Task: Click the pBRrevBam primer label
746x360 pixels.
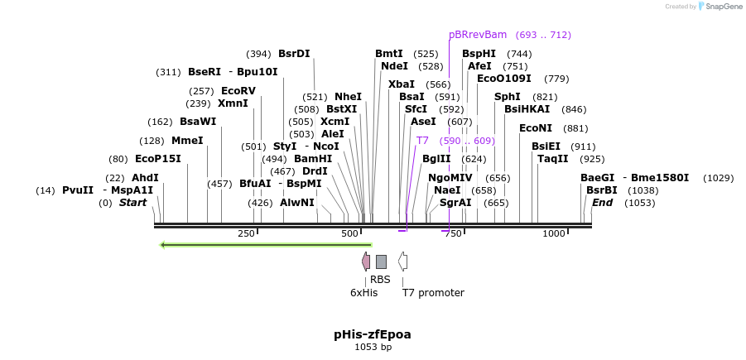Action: (x=478, y=35)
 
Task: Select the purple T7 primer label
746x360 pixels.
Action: (x=422, y=141)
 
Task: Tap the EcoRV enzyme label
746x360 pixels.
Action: (x=238, y=91)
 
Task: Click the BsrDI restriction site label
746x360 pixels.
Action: (x=294, y=54)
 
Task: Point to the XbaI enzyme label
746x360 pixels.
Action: (x=402, y=84)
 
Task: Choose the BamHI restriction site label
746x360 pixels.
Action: (x=313, y=159)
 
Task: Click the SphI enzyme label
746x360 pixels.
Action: (x=507, y=97)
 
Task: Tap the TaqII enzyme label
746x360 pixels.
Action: (x=553, y=159)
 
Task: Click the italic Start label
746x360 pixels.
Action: (x=132, y=203)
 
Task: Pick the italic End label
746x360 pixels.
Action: (x=602, y=203)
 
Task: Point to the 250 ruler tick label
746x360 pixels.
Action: (x=246, y=234)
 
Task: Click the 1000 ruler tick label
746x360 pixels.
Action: (x=554, y=234)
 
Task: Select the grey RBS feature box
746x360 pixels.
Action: (x=381, y=262)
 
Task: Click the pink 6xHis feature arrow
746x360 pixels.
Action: (x=366, y=262)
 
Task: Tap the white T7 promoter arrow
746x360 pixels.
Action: (x=402, y=262)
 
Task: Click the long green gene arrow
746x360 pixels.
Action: (x=266, y=244)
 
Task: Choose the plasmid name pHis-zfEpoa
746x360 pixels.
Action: (x=373, y=334)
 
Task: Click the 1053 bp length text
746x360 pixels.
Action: (x=373, y=347)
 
